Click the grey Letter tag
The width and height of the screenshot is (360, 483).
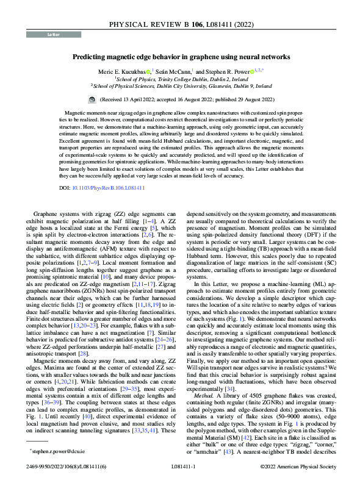[53, 35]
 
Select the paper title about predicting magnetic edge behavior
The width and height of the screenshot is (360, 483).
[180, 57]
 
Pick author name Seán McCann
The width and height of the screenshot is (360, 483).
[174, 71]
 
